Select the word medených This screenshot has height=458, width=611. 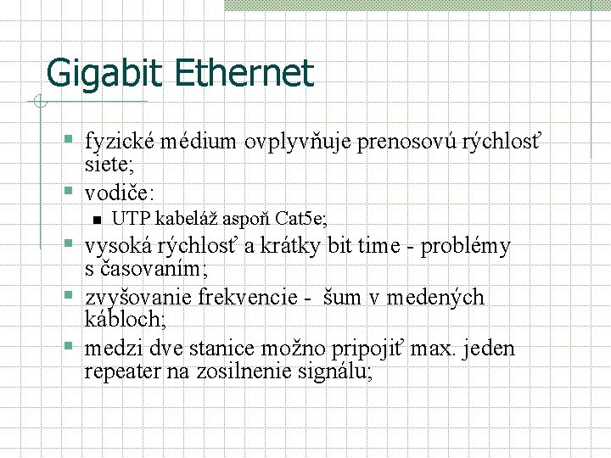tap(435, 297)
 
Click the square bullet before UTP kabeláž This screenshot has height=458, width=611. tap(96, 220)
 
